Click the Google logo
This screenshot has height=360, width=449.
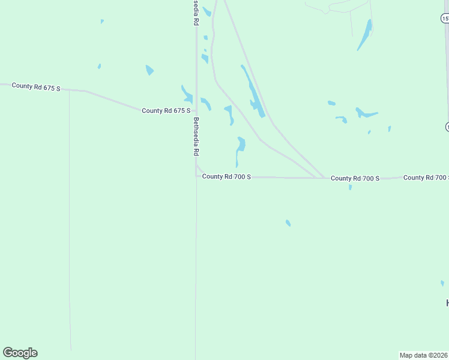(x=20, y=353)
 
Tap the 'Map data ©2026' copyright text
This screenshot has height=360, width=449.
(x=423, y=355)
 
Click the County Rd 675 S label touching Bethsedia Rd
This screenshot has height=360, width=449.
(x=166, y=110)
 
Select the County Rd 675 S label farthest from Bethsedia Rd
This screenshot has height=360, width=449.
(x=36, y=87)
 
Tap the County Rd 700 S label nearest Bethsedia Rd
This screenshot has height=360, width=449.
(x=226, y=176)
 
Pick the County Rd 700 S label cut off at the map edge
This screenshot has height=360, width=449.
(x=426, y=178)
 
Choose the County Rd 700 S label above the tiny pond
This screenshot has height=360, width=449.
(x=355, y=178)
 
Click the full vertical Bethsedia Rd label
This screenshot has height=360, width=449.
(x=196, y=136)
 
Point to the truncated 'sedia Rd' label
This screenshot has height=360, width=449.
(x=196, y=13)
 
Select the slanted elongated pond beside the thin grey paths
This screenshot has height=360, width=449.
(x=365, y=34)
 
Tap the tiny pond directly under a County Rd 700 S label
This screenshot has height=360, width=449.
(x=350, y=188)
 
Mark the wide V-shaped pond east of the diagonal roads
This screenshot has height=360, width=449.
(x=365, y=113)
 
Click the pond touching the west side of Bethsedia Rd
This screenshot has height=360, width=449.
(x=187, y=94)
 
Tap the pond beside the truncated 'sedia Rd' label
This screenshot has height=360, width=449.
(x=206, y=11)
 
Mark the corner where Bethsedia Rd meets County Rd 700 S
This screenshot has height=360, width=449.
(x=196, y=176)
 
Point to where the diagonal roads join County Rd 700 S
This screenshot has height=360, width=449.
(x=321, y=178)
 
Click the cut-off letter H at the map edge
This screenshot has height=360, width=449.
(x=447, y=302)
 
